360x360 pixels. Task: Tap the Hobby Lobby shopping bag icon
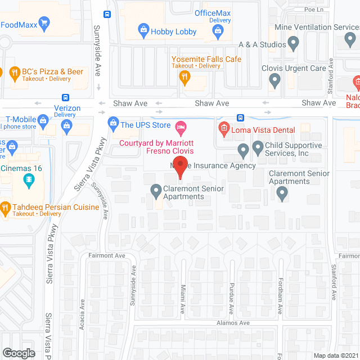[143, 31]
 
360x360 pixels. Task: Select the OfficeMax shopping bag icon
[219, 33]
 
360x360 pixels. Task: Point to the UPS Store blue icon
[112, 124]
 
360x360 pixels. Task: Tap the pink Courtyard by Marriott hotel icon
[181, 128]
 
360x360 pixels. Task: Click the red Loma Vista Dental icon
[223, 130]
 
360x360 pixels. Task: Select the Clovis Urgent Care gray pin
[274, 80]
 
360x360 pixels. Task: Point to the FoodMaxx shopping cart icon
[44, 24]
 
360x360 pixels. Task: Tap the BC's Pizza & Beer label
[52, 71]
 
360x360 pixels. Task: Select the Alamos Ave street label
[233, 323]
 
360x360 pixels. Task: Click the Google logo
[18, 353]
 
